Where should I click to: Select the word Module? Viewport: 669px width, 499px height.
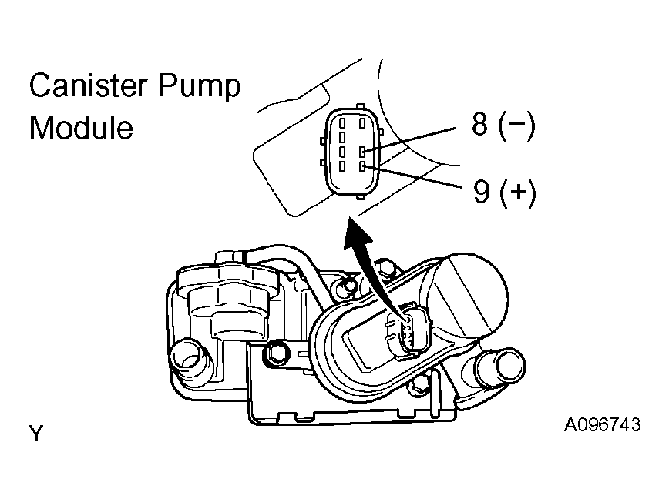pos(81,127)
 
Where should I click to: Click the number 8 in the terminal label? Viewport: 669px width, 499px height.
pos(479,124)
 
